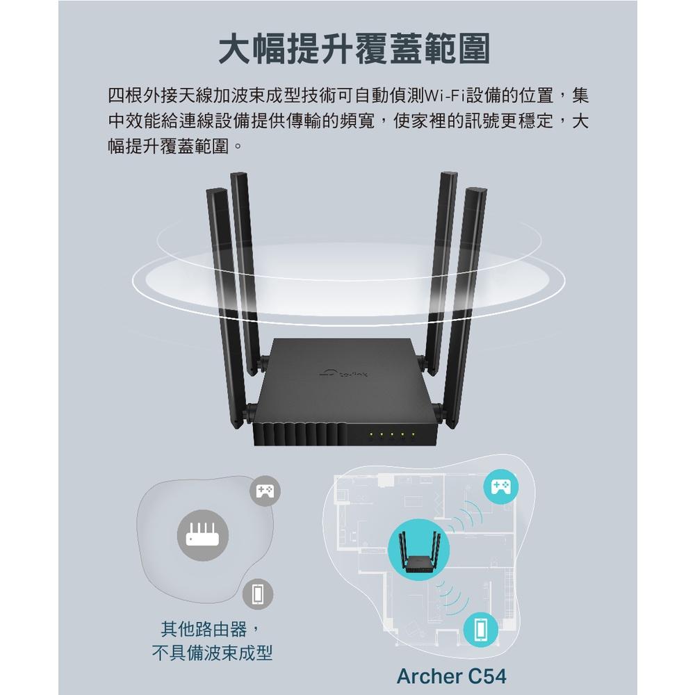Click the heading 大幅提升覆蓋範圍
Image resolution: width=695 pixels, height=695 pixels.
pyautogui.click(x=354, y=49)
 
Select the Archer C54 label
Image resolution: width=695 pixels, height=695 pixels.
pyautogui.click(x=451, y=675)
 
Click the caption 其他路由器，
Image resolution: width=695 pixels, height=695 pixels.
pyautogui.click(x=211, y=630)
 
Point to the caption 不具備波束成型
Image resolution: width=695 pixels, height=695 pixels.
pyautogui.click(x=211, y=653)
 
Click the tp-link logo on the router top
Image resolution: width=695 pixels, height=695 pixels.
pyautogui.click(x=348, y=375)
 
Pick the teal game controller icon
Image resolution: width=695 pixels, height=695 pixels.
pyautogui.click(x=500, y=486)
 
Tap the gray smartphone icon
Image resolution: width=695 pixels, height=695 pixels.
pyautogui.click(x=259, y=594)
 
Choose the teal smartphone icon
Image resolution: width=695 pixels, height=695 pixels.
pyautogui.click(x=480, y=630)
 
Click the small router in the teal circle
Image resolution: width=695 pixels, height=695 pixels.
pyautogui.click(x=419, y=549)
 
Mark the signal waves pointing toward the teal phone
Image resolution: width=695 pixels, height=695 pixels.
pyautogui.click(x=452, y=594)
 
